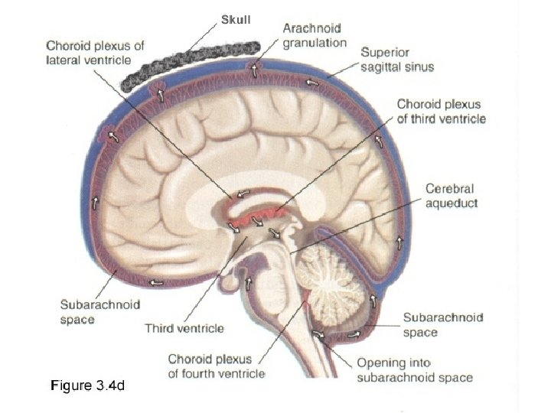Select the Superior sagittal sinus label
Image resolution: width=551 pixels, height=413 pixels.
coord(397,60)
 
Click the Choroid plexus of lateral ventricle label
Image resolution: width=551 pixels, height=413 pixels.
coord(94,54)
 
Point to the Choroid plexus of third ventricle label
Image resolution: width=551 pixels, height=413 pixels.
coord(441,110)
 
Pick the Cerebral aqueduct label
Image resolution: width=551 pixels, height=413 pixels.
coord(452,196)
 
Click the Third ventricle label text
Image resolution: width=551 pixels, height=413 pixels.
coord(184,328)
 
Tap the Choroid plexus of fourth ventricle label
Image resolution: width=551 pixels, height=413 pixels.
coord(216,365)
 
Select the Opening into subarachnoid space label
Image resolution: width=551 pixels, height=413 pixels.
coord(414,369)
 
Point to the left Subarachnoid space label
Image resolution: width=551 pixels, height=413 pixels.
coord(100,311)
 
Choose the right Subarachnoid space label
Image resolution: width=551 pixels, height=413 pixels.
coord(443,324)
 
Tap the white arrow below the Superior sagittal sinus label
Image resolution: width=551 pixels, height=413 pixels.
coord(313,82)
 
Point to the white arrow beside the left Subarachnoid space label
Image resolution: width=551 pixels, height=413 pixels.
coord(157,282)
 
